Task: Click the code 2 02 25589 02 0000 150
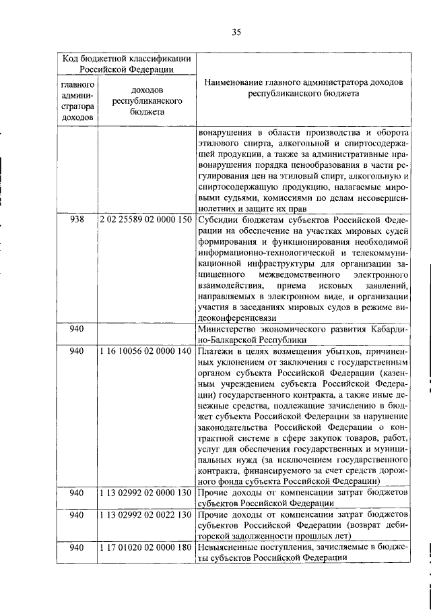coord(145,220)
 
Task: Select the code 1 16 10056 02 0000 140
coord(145,351)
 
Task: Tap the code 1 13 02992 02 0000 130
coord(145,493)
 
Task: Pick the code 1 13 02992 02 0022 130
coord(145,516)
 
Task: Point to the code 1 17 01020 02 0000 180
coord(145,549)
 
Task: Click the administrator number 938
coord(77,220)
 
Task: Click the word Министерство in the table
coord(228,330)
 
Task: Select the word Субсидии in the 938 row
coord(219,220)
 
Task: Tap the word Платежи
coord(217,351)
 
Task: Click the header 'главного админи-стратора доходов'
coord(77,101)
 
